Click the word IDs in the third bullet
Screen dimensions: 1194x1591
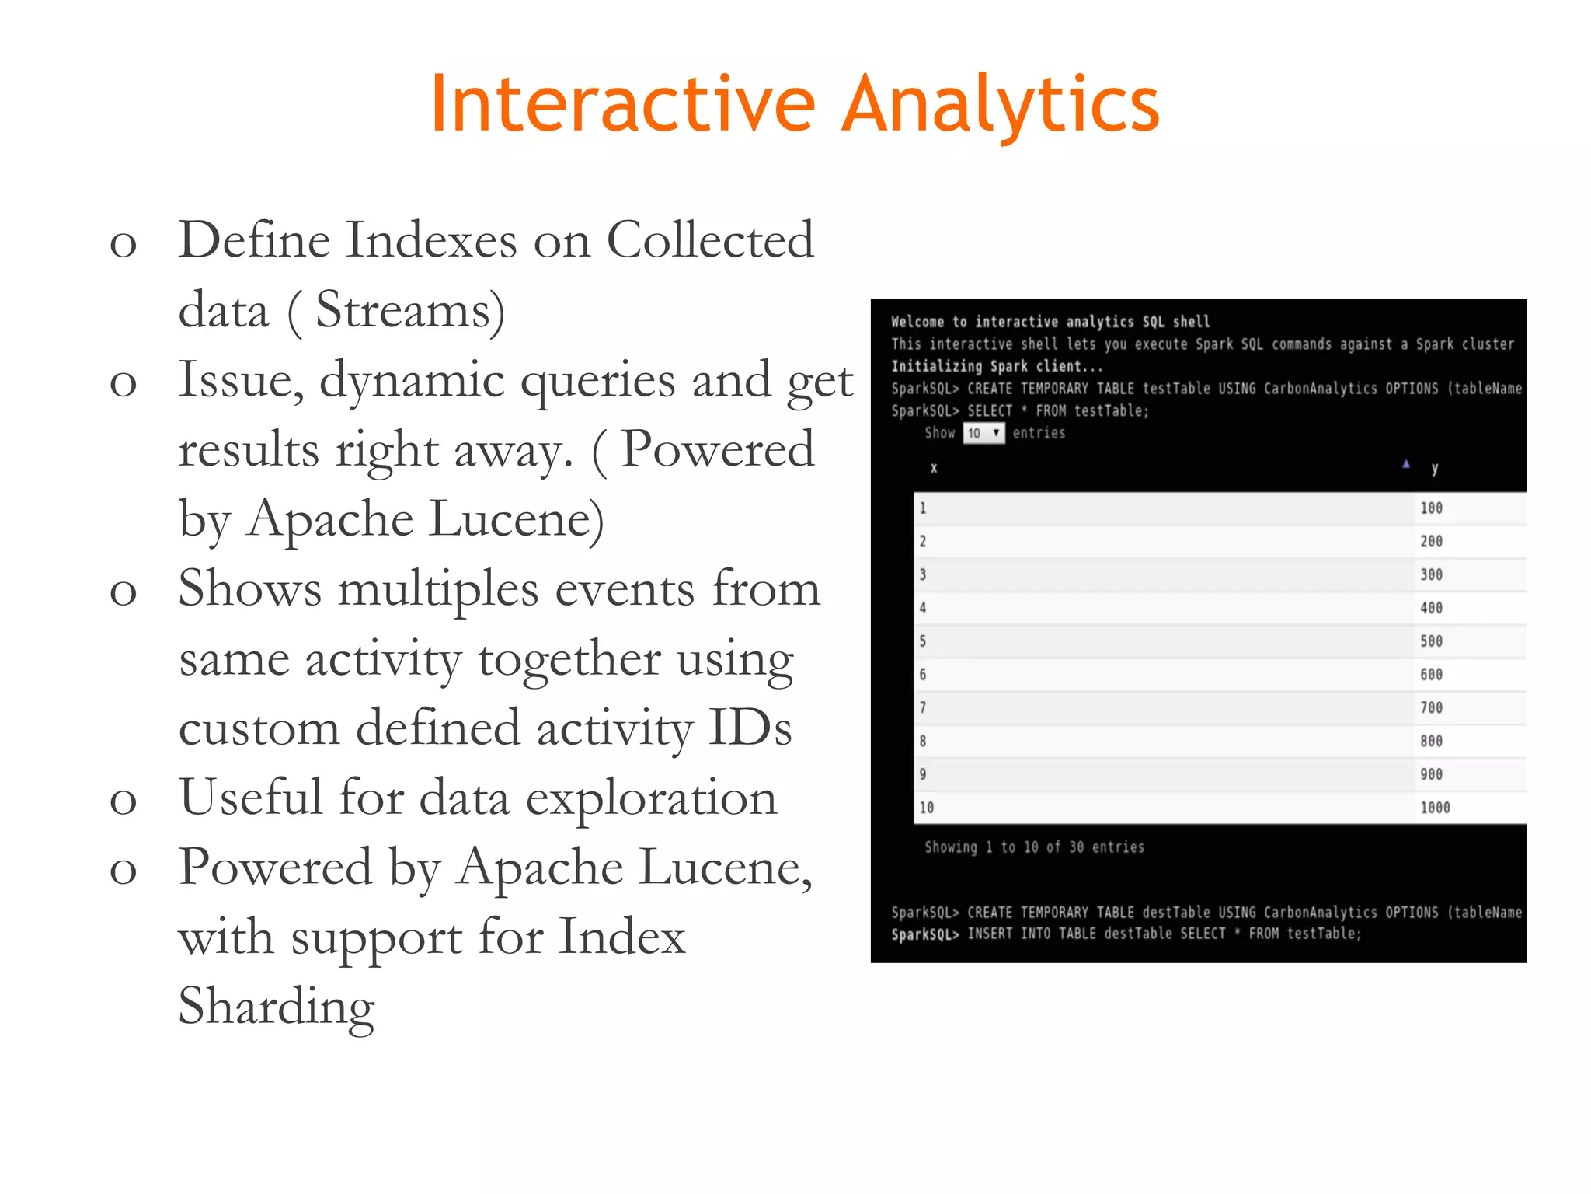click(x=750, y=729)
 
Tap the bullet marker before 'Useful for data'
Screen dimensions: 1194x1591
click(x=123, y=801)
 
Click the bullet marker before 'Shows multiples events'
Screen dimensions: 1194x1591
click(x=123, y=592)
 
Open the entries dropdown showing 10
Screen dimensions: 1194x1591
click(x=983, y=433)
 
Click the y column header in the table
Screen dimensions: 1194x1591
click(x=1434, y=468)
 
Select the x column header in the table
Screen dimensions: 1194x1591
click(x=934, y=468)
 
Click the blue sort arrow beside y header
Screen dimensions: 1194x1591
click(x=1406, y=464)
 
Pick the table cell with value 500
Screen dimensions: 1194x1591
click(x=1431, y=641)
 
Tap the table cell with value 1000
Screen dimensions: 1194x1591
click(x=1435, y=808)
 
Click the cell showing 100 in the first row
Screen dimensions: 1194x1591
click(x=1431, y=508)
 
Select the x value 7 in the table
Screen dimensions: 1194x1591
click(x=923, y=708)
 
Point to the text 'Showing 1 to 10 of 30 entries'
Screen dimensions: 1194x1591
click(x=1034, y=847)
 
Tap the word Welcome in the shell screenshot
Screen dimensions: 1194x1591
click(x=917, y=322)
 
